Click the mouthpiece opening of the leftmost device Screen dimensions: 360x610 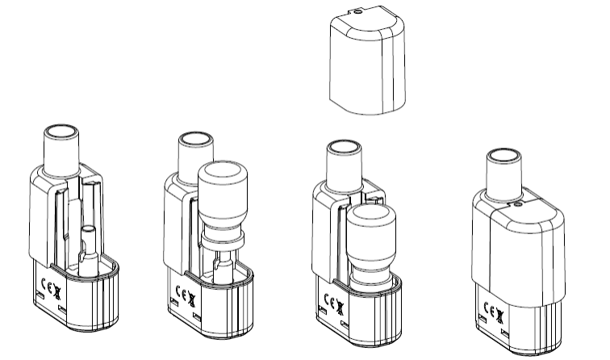point(61,133)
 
